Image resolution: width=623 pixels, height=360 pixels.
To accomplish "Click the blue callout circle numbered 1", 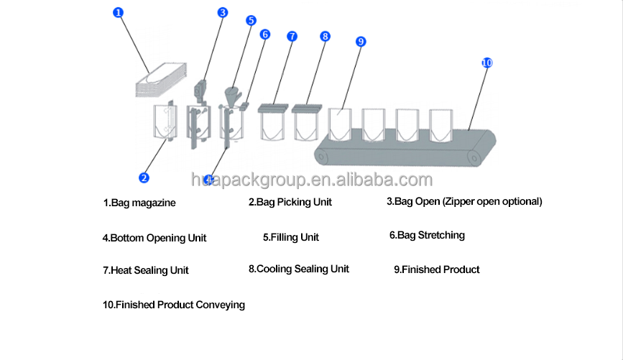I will click(119, 12).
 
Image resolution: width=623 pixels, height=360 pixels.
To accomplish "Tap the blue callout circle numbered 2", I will click(144, 177).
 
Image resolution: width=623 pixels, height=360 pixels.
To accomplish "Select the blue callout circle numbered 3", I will click(223, 12).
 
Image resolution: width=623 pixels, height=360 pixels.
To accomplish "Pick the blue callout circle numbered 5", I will click(251, 20).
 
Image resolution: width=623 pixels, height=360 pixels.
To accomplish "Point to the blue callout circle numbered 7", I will click(292, 36).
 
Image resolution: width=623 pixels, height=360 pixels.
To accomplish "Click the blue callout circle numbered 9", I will click(361, 41).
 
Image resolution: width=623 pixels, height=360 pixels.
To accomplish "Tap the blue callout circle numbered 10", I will click(486, 63).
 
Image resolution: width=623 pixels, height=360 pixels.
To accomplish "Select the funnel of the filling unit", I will click(233, 95).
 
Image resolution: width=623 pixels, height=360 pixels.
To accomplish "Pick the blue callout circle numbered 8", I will click(325, 36).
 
